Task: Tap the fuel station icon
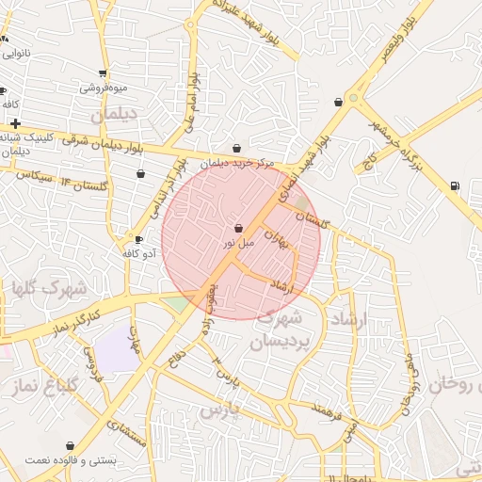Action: [456, 185]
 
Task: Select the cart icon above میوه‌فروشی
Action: [103, 73]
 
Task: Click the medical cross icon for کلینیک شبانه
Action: [15, 123]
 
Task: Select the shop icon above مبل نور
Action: [237, 228]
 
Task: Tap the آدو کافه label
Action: [140, 253]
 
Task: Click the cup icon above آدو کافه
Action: [139, 240]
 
